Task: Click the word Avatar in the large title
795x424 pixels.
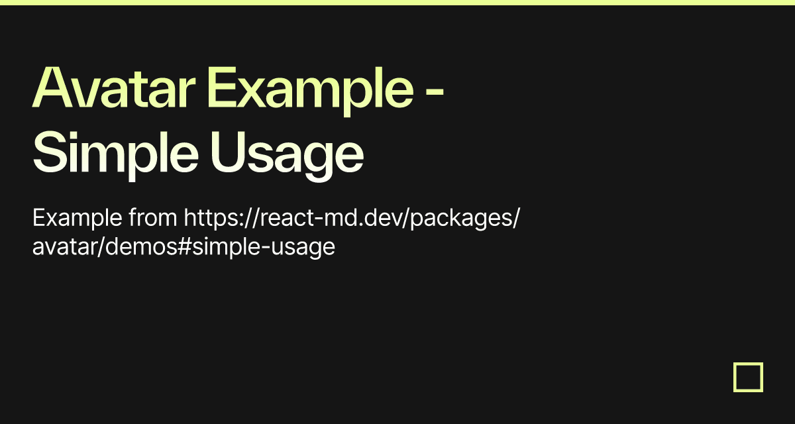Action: pos(113,87)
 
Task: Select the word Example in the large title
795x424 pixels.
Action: pos(310,91)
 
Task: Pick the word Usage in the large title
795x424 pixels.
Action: pos(287,156)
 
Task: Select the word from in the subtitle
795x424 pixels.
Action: pos(152,217)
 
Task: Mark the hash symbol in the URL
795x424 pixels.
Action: pos(185,246)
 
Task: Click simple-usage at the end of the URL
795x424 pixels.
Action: pos(264,247)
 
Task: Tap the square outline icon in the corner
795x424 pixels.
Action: pos(748,364)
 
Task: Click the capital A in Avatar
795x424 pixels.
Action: pos(53,87)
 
